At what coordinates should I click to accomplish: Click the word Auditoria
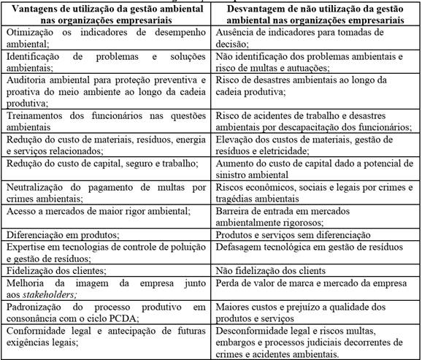pyautogui.click(x=27, y=78)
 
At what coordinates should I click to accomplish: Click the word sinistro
pyautogui.click(x=233, y=175)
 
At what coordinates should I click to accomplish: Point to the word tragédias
pyautogui.click(x=236, y=201)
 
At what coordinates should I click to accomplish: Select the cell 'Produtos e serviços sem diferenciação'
pyautogui.click(x=296, y=235)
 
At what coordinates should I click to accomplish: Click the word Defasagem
pyautogui.click(x=240, y=248)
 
